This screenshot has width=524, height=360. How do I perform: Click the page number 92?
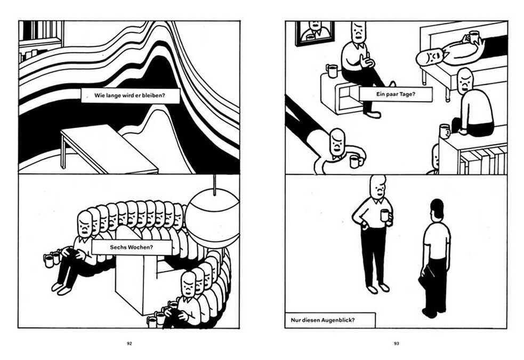click(x=130, y=343)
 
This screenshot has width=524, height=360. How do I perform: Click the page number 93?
click(x=397, y=343)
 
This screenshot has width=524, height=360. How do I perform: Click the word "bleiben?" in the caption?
click(x=154, y=95)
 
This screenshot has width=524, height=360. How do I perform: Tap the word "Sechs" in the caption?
click(x=117, y=247)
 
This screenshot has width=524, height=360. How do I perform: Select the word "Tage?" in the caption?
click(x=408, y=94)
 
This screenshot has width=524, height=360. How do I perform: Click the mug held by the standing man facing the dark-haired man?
click(x=385, y=215)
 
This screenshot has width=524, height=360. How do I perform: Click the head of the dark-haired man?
click(x=437, y=209)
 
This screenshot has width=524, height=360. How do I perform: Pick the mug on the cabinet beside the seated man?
click(x=332, y=71)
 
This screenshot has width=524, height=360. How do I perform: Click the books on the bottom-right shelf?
click(x=483, y=161)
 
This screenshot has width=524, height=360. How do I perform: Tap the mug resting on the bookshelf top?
click(x=445, y=131)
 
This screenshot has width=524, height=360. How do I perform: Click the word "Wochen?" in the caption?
click(x=140, y=247)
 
